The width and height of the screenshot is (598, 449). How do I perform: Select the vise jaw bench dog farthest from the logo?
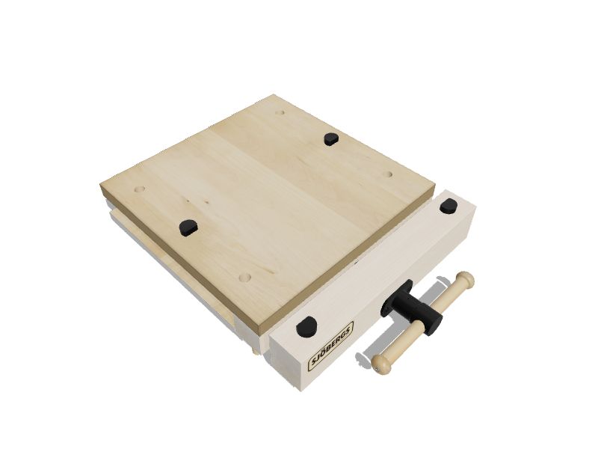point(449,205)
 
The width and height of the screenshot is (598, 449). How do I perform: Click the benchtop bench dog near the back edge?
point(330,138)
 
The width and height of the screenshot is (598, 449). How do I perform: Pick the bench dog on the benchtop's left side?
point(188,226)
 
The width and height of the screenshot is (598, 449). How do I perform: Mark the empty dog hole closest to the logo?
point(244,277)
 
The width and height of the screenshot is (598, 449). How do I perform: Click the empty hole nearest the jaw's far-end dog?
point(388,174)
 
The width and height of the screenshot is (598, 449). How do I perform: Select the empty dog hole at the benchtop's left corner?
point(139,189)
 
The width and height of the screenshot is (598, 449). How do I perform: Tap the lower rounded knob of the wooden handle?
point(383,363)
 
